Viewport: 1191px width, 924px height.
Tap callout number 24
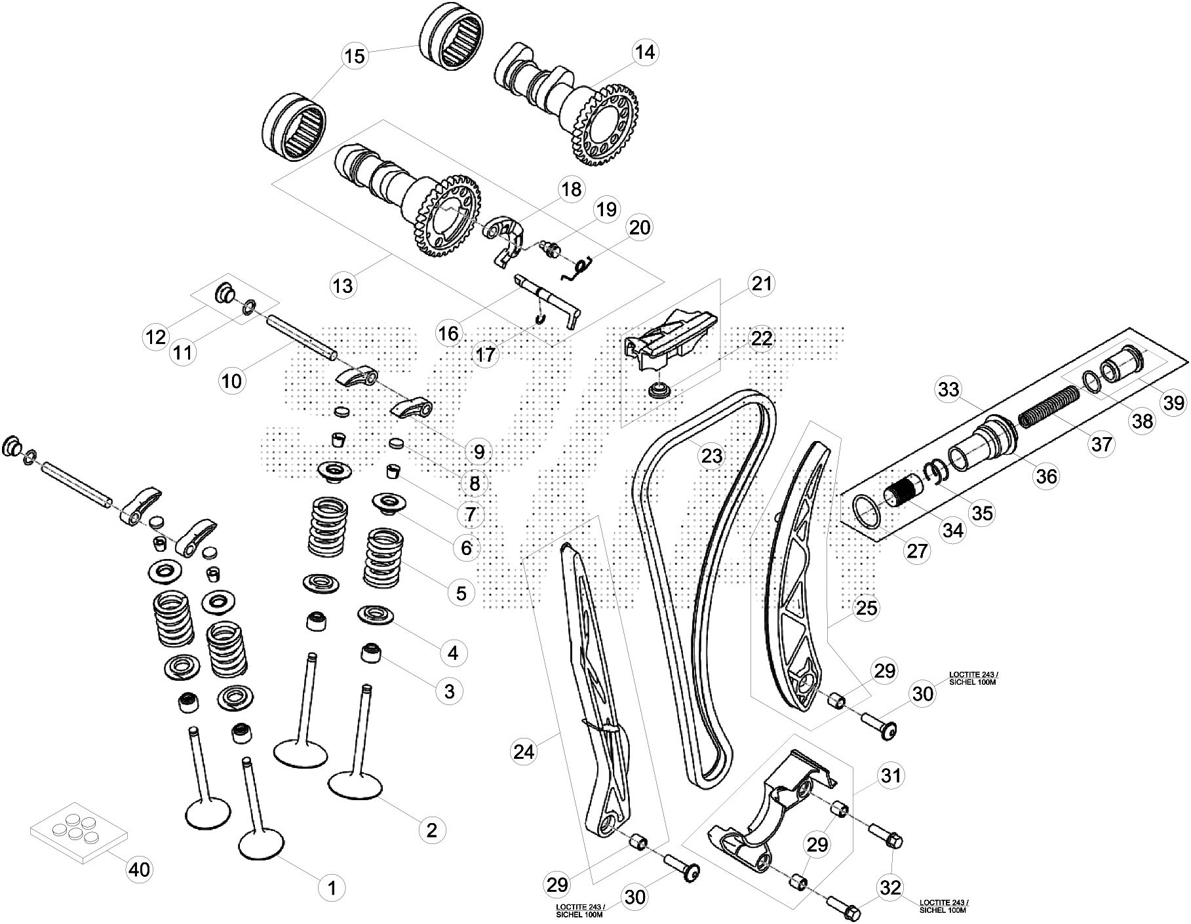tap(524, 752)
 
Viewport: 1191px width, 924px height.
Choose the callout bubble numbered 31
tap(891, 776)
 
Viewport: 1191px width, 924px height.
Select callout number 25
tap(866, 607)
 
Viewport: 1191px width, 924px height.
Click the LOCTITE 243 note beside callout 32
tap(943, 906)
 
